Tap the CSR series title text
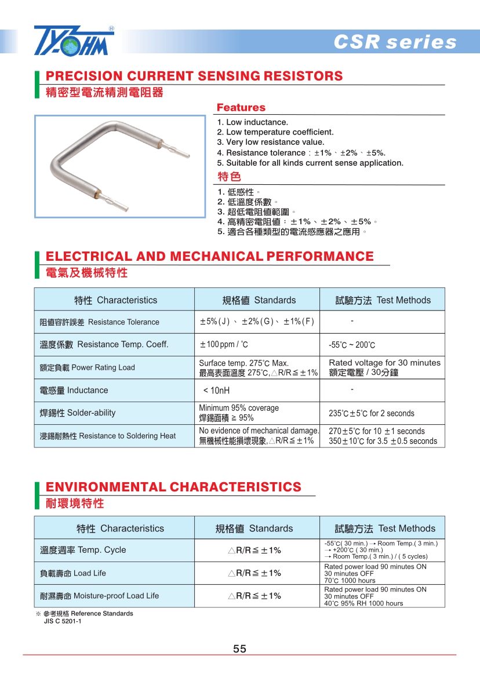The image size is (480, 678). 395,42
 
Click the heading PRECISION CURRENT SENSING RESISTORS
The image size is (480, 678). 194,76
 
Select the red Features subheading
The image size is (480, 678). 241,108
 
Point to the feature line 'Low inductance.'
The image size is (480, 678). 253,122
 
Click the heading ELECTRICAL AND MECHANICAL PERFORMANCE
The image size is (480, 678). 209,256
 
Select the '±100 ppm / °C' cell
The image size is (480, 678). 224,345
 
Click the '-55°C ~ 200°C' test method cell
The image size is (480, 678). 352,345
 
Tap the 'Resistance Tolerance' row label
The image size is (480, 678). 99,322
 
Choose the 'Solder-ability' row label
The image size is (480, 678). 78,413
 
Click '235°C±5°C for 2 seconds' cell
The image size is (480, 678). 371,414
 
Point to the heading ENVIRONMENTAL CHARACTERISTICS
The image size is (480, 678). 173,487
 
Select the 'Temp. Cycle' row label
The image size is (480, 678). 83,550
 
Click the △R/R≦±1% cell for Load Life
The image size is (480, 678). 254,573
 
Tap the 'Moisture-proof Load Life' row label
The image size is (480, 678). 99,596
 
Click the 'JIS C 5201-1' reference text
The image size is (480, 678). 63,621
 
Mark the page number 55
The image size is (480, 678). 240,649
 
